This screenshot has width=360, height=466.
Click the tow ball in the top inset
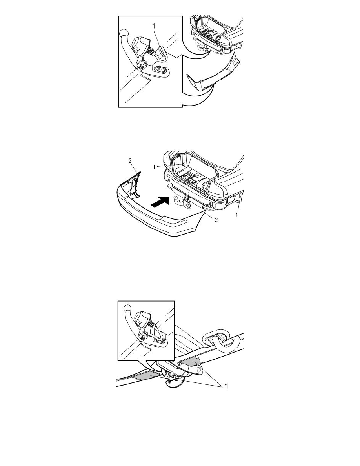(124, 33)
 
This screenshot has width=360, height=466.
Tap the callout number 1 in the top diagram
(154, 26)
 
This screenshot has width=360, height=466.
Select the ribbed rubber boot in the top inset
(151, 52)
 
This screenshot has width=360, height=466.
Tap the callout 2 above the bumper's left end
(130, 161)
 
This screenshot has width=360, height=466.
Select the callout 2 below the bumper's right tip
(216, 220)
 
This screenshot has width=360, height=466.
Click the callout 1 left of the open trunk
(154, 167)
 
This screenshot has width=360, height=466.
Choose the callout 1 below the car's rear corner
(237, 215)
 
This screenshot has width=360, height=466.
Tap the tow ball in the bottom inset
(128, 308)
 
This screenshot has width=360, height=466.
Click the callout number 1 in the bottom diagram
(227, 386)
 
